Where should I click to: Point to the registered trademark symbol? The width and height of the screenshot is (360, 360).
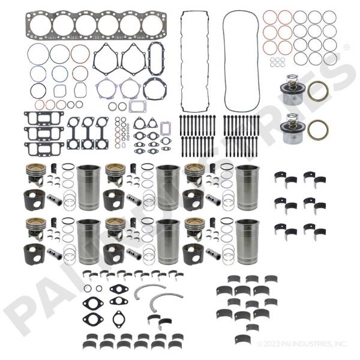[346, 46]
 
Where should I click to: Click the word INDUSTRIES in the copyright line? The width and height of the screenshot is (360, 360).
[314, 344]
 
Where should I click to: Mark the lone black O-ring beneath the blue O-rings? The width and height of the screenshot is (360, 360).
[38, 91]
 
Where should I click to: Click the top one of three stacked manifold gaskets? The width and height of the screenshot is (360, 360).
[40, 118]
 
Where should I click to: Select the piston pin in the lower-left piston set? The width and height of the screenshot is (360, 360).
[56, 254]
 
